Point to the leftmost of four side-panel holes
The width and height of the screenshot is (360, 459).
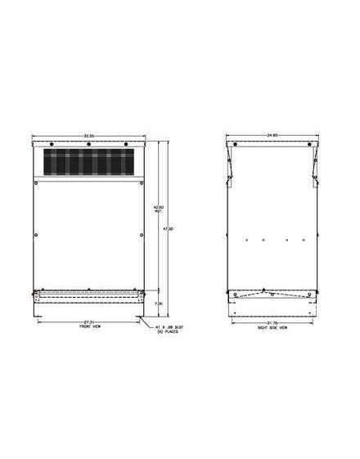(x=245, y=240)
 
